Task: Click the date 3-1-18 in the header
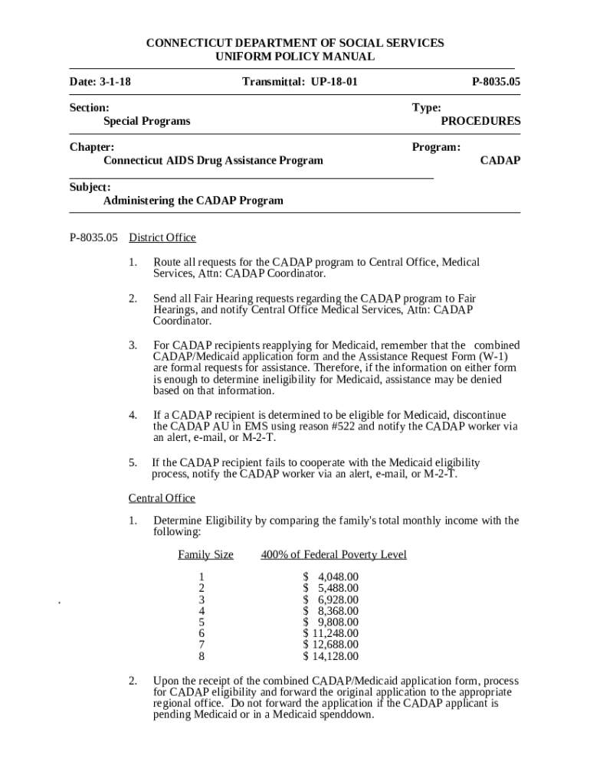[110, 81]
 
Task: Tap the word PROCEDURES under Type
[480, 121]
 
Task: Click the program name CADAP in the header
[500, 160]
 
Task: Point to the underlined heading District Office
[162, 237]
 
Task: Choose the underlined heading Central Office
[162, 498]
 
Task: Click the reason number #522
[331, 426]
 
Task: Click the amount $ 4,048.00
[330, 577]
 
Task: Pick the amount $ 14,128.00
[330, 656]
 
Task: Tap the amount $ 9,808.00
[330, 622]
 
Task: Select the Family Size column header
[205, 554]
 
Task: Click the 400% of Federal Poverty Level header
[333, 554]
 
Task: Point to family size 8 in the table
[202, 656]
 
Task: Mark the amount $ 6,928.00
[330, 599]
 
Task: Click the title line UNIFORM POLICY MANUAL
[294, 57]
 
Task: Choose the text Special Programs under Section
[147, 121]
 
